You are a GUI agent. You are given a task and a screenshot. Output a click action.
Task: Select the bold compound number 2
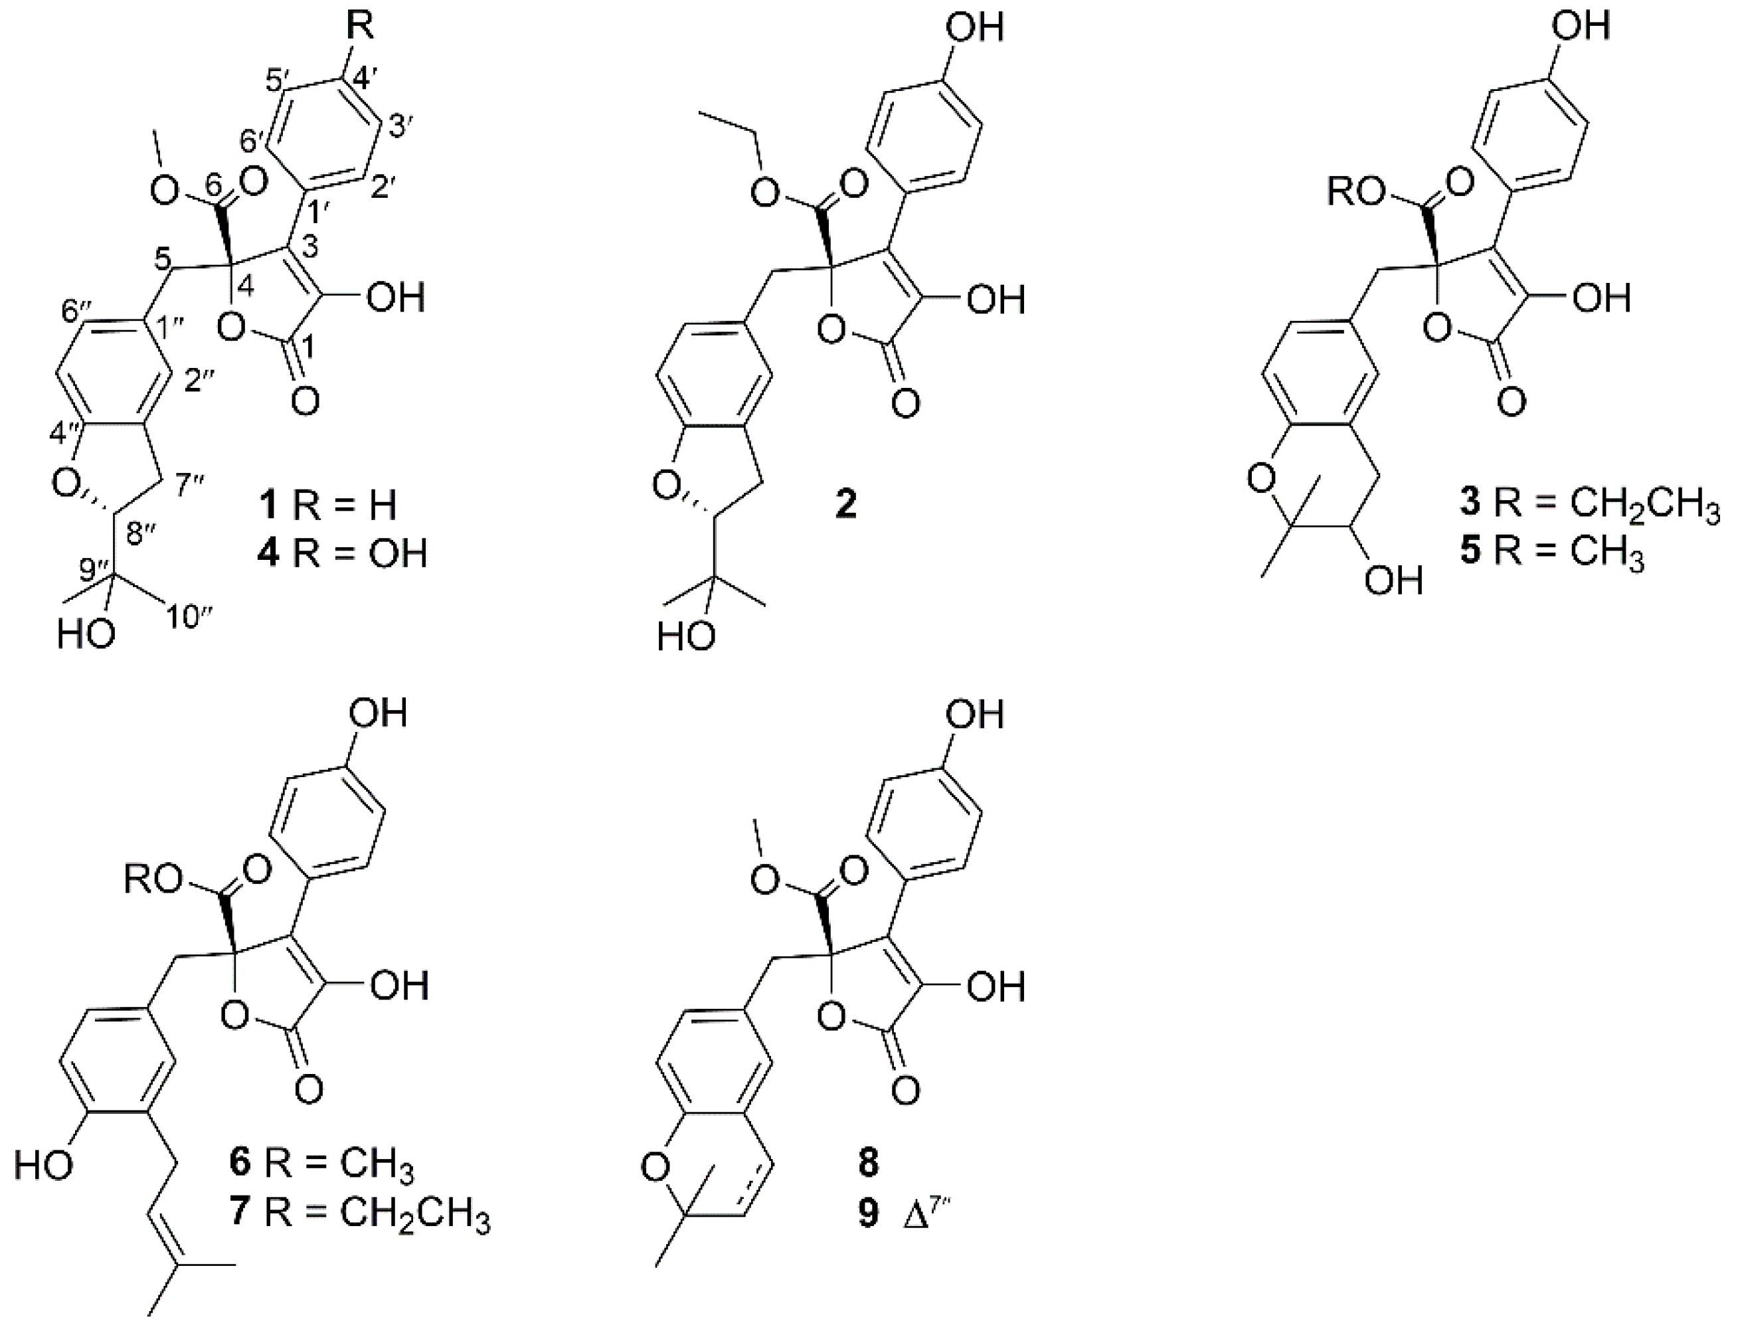846,505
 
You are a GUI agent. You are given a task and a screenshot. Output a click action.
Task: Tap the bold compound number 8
869,1162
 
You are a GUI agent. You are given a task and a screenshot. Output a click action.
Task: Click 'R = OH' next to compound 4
360,554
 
